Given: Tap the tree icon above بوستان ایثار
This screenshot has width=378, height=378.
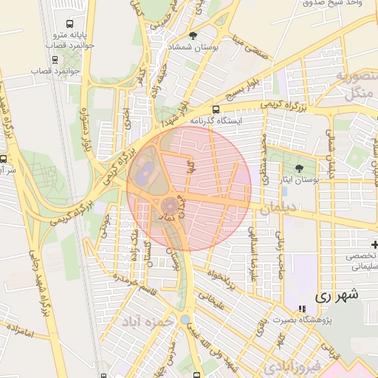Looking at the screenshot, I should pos(299,168).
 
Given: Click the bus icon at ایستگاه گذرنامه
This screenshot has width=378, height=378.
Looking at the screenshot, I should pos(215,109).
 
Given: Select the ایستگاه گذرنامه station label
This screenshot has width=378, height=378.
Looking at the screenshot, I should pos(215,120).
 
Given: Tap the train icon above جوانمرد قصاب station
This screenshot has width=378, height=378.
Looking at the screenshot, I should pos(53,59).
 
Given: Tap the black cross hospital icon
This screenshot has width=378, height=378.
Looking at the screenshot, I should pos(374,244).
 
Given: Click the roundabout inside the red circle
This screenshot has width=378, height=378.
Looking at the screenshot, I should pos(170,204).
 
